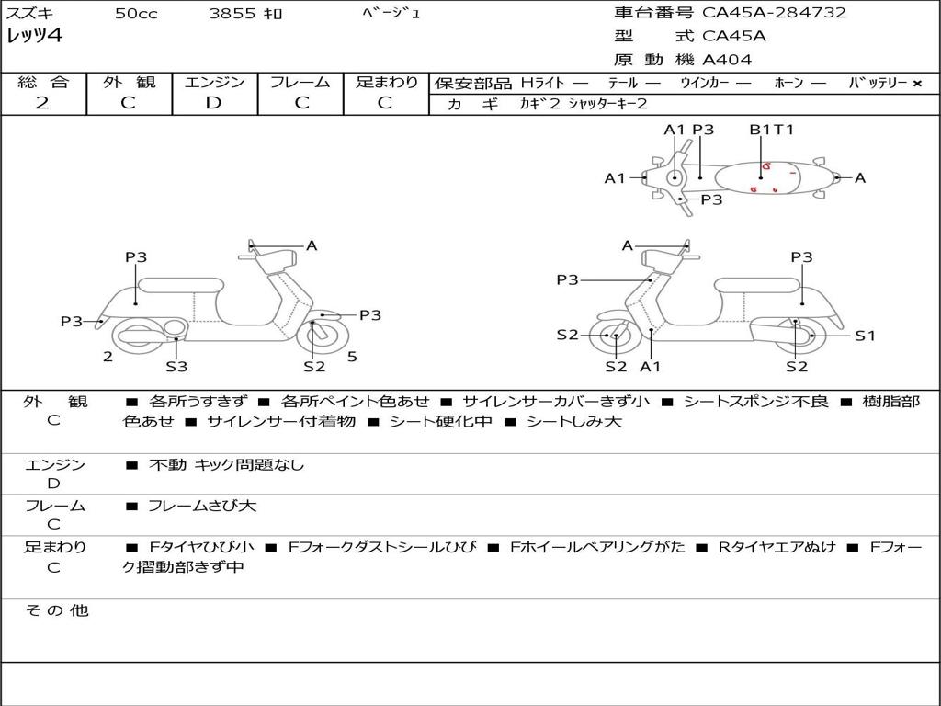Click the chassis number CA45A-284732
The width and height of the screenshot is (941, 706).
click(774, 13)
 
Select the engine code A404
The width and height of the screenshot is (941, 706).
click(727, 60)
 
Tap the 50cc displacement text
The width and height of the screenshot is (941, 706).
click(136, 14)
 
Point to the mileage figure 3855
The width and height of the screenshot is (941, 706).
click(232, 14)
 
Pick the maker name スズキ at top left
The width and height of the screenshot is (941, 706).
click(32, 14)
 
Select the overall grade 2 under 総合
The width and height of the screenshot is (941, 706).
click(42, 103)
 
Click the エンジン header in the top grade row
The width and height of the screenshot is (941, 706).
click(214, 82)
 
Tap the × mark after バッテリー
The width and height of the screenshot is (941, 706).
click(917, 83)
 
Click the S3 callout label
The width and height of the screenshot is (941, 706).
click(176, 367)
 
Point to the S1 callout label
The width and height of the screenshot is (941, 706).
click(866, 336)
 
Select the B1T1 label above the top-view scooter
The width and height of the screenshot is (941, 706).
click(771, 130)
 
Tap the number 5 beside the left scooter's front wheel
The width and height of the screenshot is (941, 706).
click(352, 357)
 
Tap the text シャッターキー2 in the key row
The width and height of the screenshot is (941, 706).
click(607, 104)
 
